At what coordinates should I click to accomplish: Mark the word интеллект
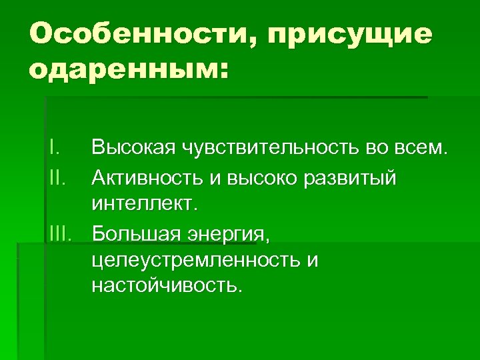point(145,202)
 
